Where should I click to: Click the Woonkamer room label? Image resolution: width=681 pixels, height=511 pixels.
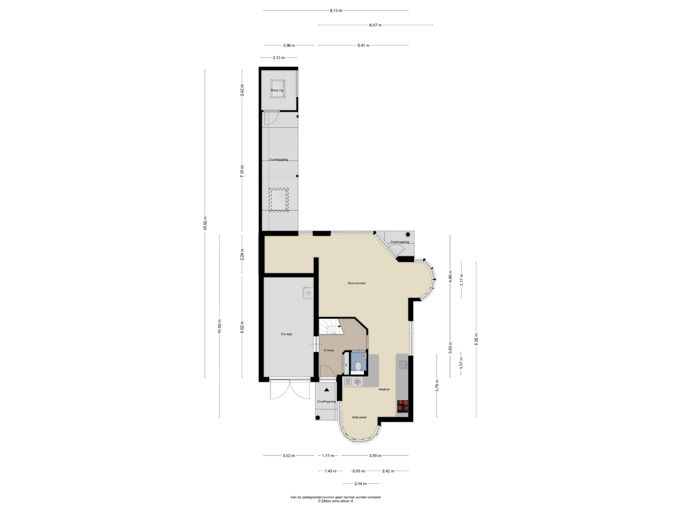pos(357,283)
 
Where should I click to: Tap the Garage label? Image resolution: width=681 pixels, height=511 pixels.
pos(286,334)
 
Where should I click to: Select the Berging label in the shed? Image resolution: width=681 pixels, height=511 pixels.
pos(277,90)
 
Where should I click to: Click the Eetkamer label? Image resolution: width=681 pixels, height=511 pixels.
pos(359,417)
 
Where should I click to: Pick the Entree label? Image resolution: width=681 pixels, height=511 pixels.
pos(329,350)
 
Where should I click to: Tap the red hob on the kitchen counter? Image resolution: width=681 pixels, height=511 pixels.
pos(402,406)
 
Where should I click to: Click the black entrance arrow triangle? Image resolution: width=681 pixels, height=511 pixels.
pos(327,390)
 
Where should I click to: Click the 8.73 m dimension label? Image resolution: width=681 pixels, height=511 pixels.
pos(336,10)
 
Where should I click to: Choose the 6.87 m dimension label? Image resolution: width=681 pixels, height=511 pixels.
pos(375,25)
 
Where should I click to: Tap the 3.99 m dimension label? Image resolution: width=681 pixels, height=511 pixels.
pos(375,456)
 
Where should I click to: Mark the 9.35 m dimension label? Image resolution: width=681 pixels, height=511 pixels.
pos(476,339)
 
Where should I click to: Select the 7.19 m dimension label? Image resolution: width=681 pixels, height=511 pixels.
pos(242,171)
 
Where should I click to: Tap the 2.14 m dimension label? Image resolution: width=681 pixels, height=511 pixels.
pos(360,484)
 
